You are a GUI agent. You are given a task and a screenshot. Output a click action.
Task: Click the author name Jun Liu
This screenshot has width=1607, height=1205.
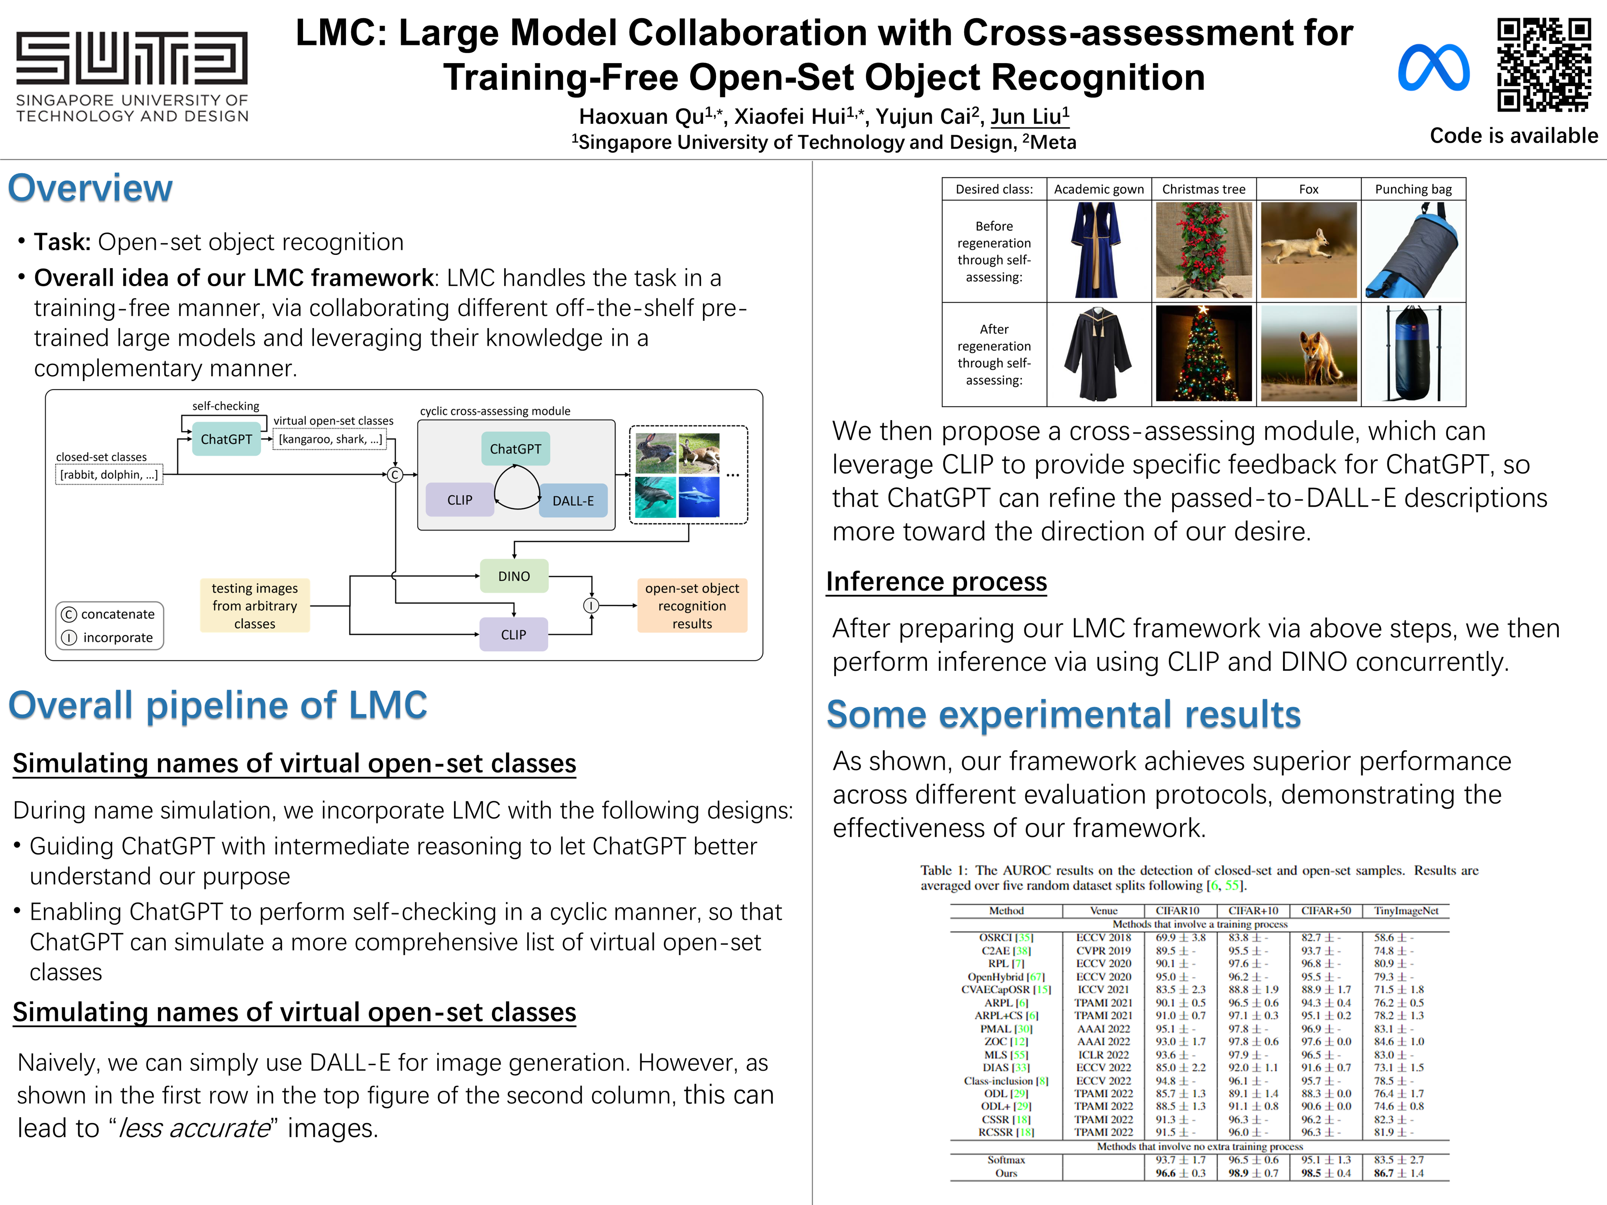pos(1029,116)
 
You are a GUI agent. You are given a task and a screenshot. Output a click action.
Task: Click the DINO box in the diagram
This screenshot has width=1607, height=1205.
pos(513,576)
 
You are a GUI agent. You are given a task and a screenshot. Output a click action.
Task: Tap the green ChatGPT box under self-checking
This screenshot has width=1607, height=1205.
pos(226,439)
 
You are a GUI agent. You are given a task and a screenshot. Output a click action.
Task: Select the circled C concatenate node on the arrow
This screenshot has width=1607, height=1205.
pos(395,475)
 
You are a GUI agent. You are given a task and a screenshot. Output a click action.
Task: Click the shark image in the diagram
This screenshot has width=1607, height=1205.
pos(699,497)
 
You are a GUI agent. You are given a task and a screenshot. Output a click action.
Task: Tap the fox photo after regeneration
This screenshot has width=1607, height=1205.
pos(1309,354)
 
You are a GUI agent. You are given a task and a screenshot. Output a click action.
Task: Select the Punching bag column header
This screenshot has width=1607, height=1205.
pos(1413,189)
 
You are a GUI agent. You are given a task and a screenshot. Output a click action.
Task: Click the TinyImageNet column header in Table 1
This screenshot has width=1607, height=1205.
pos(1406,911)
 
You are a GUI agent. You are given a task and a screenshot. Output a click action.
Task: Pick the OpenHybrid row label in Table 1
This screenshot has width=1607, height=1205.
pos(1006,977)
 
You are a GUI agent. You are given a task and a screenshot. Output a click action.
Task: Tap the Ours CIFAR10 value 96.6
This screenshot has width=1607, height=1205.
pos(1166,1173)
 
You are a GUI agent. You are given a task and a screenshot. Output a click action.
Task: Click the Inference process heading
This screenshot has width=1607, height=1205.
pos(937,582)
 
